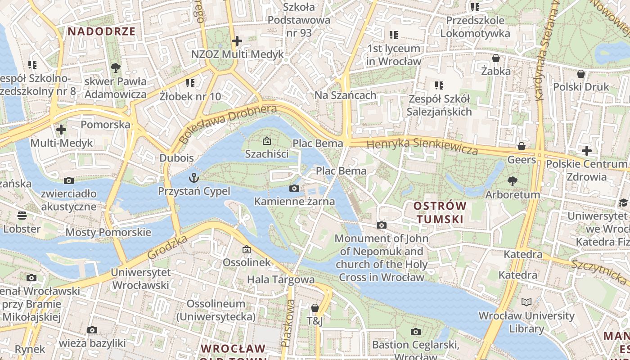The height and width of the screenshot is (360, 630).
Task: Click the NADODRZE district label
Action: click(x=101, y=31)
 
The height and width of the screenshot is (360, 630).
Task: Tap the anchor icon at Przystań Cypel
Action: click(x=194, y=178)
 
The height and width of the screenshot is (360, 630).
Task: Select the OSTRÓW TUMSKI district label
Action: click(x=440, y=212)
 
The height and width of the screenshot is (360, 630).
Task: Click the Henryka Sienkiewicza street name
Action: click(x=422, y=147)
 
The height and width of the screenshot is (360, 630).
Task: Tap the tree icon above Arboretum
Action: click(x=512, y=181)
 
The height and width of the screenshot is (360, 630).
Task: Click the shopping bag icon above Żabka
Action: click(x=496, y=58)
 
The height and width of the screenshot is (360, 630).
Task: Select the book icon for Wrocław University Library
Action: click(x=526, y=302)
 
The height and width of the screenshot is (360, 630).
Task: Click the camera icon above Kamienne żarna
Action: click(x=294, y=188)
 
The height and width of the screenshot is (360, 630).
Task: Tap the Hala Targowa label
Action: click(x=281, y=279)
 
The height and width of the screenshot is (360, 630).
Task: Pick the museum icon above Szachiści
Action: click(x=267, y=141)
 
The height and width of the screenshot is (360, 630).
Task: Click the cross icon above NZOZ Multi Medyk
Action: click(x=237, y=41)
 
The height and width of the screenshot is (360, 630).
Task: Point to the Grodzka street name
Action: click(x=167, y=247)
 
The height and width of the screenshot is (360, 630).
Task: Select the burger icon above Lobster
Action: click(x=22, y=215)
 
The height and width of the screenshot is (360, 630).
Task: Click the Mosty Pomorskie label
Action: click(x=108, y=232)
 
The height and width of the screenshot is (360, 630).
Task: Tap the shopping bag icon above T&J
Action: click(x=315, y=308)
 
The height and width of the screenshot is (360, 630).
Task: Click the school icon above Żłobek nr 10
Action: click(x=190, y=83)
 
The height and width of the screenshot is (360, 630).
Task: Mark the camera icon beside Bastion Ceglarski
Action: click(x=416, y=332)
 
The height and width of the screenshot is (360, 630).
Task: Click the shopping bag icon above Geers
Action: click(x=522, y=146)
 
